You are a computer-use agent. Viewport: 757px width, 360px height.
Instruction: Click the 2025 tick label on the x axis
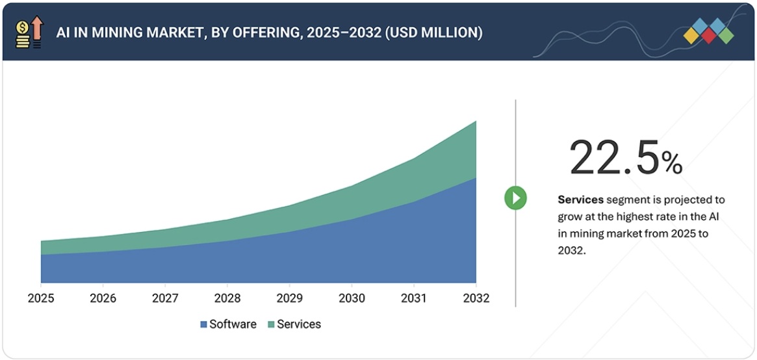coord(41,298)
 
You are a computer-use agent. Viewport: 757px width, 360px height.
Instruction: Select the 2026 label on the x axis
coord(103,298)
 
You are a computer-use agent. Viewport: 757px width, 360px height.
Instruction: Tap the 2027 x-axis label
coord(165,298)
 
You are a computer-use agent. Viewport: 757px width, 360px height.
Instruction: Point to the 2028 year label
coord(227,298)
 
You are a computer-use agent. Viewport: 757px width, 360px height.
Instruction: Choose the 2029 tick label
coord(289,298)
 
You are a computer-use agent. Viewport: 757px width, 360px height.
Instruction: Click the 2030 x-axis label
coord(352,298)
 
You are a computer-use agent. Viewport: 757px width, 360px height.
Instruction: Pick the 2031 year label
coord(414,298)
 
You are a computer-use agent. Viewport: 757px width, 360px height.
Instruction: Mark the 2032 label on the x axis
coord(476,298)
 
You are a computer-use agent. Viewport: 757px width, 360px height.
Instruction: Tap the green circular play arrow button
coord(515,198)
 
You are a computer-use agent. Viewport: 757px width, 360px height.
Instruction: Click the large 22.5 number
coord(614,158)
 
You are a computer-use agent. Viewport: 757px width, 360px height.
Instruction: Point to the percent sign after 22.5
coord(672,163)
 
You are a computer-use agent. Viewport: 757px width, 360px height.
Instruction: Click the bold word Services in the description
coord(580,199)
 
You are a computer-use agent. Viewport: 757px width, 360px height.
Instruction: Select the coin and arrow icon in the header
coord(29,32)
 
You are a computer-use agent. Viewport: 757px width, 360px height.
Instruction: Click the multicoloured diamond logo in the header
coord(708,31)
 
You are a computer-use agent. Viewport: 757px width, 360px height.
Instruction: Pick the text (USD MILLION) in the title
coord(433,32)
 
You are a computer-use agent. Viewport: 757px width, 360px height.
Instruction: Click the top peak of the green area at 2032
coord(476,122)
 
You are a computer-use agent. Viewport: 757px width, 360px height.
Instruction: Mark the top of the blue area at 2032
coord(476,178)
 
